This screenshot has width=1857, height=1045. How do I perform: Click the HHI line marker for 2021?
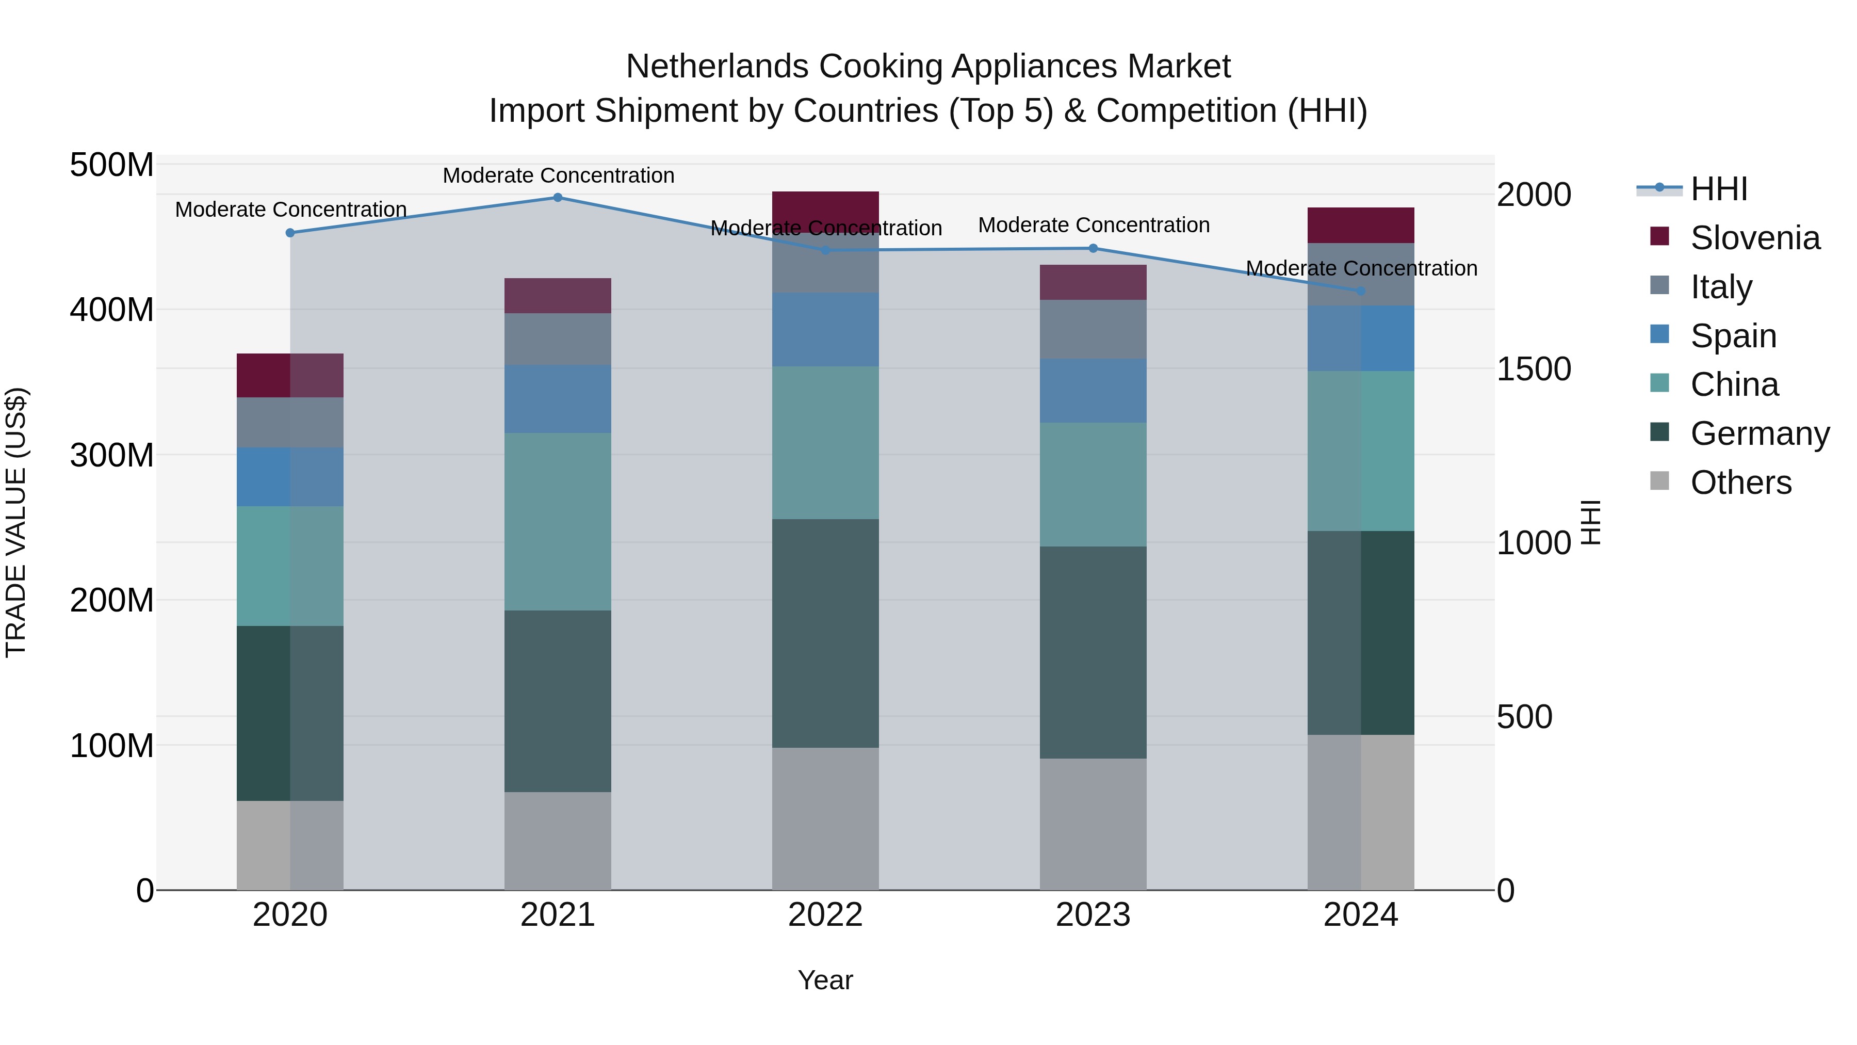click(557, 198)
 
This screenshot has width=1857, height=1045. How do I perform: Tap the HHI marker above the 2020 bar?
click(290, 233)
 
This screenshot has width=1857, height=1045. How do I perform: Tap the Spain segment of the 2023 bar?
click(1093, 391)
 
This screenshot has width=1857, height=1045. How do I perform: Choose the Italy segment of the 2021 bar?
click(557, 339)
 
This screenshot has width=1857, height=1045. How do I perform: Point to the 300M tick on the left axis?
click(112, 456)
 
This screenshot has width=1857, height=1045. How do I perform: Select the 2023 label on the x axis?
click(1093, 915)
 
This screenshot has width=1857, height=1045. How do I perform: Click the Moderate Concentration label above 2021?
click(558, 175)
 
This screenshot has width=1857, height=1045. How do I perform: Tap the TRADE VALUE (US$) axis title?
click(17, 522)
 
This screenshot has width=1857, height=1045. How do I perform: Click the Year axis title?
click(825, 980)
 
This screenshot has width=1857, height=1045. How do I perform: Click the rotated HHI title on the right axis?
click(1591, 522)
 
